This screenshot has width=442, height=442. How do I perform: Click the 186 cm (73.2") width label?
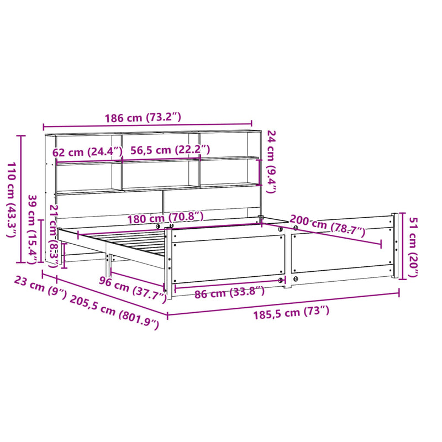[x=143, y=118]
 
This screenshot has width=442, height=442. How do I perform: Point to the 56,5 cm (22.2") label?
[x=170, y=150]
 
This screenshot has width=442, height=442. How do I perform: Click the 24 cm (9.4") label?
[x=271, y=161]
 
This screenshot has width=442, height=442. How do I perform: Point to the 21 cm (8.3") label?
[x=54, y=236]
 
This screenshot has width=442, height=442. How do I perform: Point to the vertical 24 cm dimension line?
[x=260, y=172]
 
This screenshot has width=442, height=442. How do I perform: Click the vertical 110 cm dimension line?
[x=22, y=199]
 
